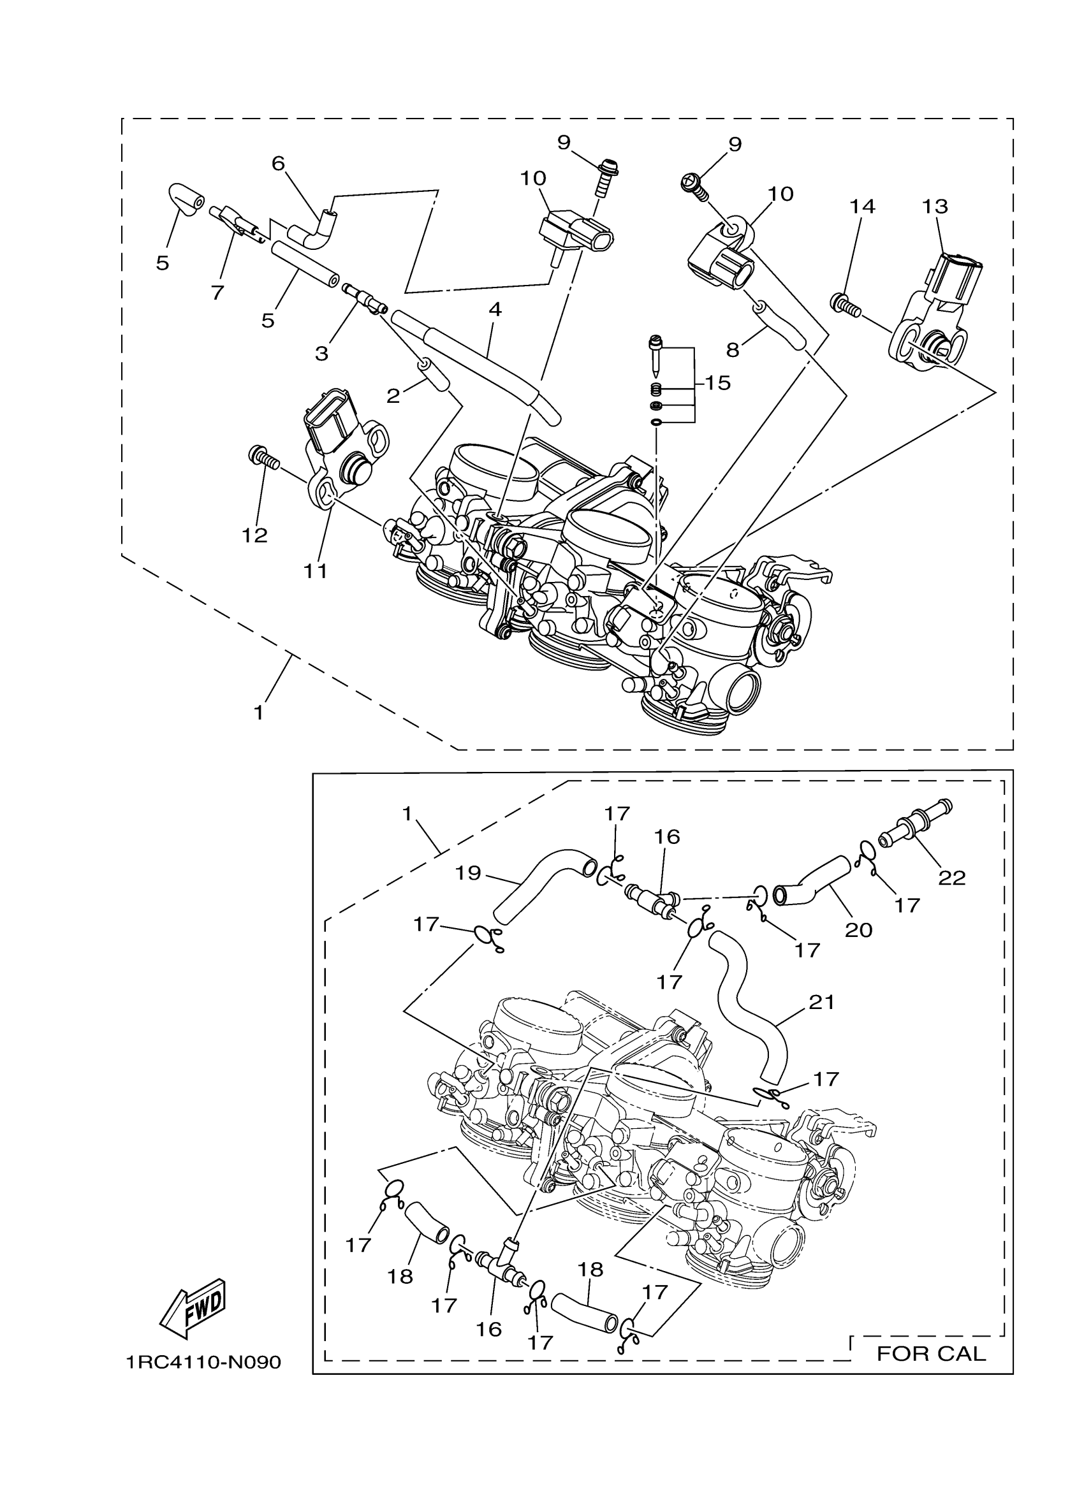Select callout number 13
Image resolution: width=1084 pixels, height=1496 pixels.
(x=935, y=207)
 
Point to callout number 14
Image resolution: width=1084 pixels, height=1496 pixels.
(x=861, y=207)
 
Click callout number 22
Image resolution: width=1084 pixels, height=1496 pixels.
(x=951, y=878)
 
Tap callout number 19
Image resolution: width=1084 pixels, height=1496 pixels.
(x=468, y=873)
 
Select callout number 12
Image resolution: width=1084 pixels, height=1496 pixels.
(x=254, y=535)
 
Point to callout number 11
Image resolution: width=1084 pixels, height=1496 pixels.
(x=316, y=570)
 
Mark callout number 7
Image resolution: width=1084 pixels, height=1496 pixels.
(x=217, y=291)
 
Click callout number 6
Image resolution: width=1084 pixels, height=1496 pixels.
(x=278, y=163)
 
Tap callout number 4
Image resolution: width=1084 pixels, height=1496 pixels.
(x=495, y=309)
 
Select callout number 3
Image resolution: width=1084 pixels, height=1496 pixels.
(x=321, y=354)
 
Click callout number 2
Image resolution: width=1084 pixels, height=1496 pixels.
(x=393, y=396)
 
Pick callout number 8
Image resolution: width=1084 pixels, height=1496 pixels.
(x=733, y=349)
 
